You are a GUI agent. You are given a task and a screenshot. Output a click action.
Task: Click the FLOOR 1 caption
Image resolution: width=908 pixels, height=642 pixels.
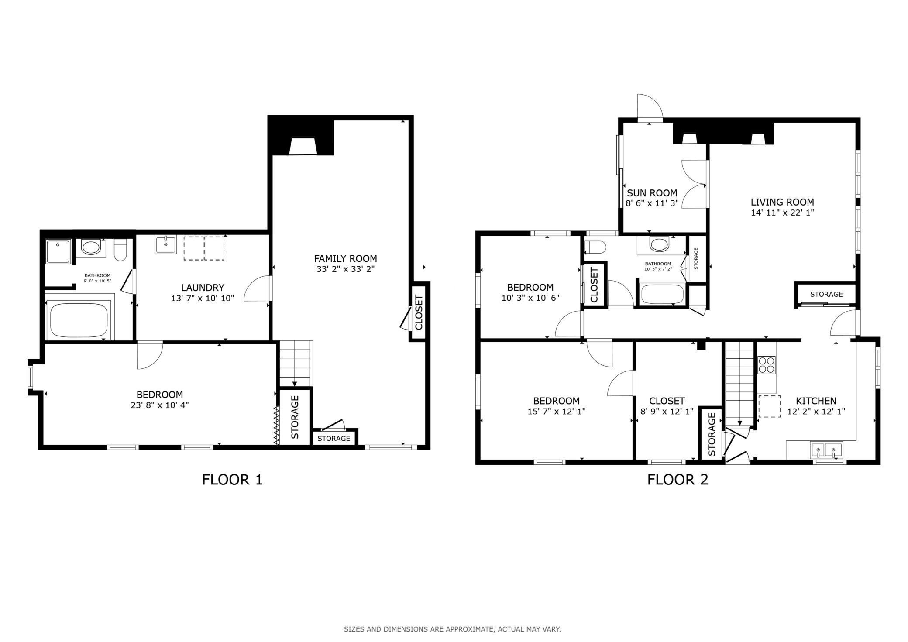pos(232,480)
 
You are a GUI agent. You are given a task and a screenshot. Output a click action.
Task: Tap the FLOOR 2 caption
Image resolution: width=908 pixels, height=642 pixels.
pos(678,480)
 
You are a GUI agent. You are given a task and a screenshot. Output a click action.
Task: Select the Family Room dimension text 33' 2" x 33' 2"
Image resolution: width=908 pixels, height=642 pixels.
pos(345,269)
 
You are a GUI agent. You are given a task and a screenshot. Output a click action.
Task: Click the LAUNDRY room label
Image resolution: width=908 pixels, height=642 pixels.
pos(203,288)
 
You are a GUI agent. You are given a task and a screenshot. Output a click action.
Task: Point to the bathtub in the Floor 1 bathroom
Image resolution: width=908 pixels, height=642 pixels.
pos(79,319)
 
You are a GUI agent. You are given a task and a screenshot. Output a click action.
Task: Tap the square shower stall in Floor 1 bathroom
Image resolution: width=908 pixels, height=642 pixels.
pos(58,251)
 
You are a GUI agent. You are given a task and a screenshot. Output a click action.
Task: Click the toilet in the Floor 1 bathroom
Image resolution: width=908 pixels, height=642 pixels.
pos(120,249)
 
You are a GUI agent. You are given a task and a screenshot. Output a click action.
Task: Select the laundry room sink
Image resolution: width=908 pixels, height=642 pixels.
pos(165,245)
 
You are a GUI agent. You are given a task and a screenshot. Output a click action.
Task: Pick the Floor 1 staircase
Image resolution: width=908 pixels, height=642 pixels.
pos(296,363)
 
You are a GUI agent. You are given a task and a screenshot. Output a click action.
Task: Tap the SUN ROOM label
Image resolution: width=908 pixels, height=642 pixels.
pos(652,193)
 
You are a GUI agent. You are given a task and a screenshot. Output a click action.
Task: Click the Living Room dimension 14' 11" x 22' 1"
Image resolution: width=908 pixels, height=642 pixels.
pos(782,213)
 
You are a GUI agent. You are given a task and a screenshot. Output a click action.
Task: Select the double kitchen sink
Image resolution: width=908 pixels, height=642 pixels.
pos(826,450)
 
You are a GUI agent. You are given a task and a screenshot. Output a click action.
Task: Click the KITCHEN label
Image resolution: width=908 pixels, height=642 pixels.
pos(816,401)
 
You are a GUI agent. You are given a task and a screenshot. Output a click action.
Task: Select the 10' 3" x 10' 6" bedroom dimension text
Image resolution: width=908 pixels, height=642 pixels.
pos(530,298)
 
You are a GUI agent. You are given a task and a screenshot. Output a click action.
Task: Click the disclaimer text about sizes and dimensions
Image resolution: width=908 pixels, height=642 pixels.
pos(452,629)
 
